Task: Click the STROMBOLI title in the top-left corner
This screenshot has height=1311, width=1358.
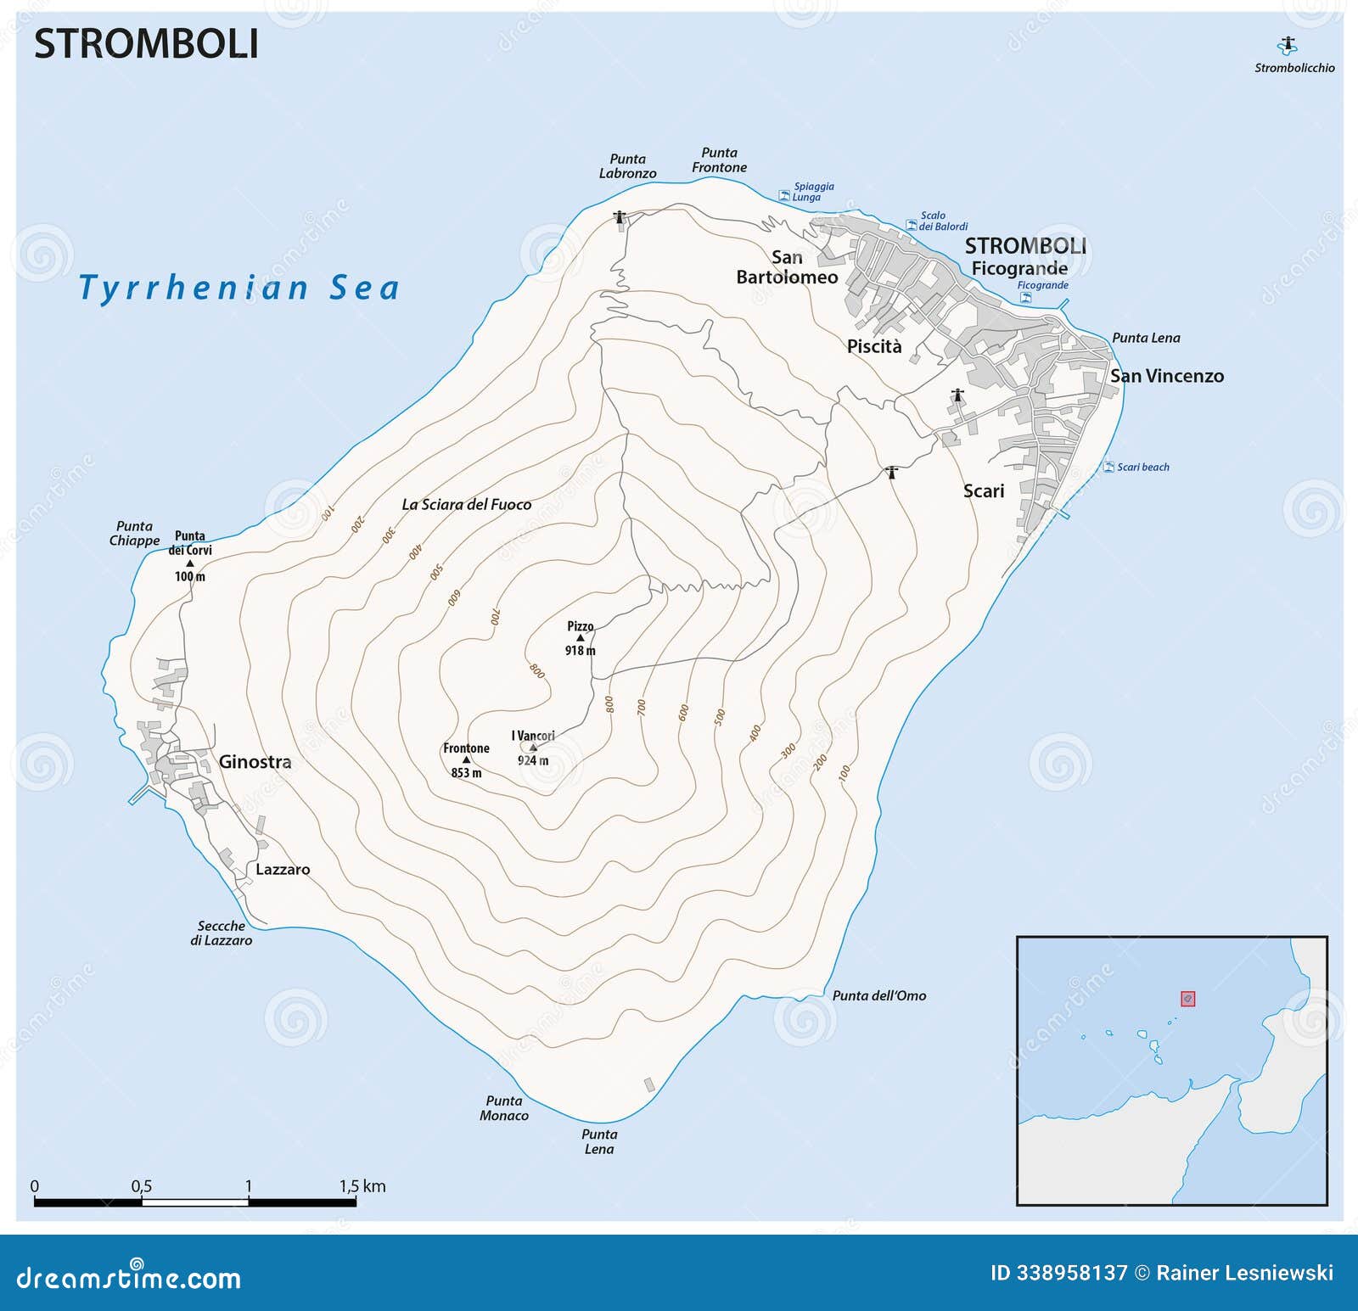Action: tap(146, 44)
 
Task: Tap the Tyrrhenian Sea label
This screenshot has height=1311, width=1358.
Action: tap(238, 289)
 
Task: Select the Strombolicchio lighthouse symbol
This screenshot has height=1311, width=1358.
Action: tap(1288, 45)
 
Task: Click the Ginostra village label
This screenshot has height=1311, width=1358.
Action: tap(255, 762)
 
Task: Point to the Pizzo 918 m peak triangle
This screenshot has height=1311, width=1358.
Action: tap(581, 638)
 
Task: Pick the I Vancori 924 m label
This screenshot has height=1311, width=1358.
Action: tap(533, 748)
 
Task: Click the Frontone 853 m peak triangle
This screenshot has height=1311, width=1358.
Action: tap(466, 760)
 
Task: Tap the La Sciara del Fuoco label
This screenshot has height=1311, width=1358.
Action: tap(466, 504)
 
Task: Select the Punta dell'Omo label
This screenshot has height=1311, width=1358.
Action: tap(878, 995)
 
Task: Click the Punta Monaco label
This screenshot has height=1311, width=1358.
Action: tap(504, 1108)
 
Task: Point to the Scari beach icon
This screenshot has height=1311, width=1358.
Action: tap(1108, 467)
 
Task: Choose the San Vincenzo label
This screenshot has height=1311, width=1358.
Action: tap(1166, 376)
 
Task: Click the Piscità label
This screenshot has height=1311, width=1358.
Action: tap(874, 346)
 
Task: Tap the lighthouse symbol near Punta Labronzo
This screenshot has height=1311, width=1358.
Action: tap(620, 218)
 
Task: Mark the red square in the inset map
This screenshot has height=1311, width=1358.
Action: tap(1187, 999)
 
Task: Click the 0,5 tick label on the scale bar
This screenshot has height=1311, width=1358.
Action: tap(141, 1186)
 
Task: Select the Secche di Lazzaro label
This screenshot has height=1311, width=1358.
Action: tap(221, 933)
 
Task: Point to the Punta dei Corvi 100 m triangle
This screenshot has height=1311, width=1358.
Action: tap(190, 563)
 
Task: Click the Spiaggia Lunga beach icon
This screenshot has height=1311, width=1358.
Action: tap(784, 196)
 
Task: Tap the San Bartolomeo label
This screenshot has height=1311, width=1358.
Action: tap(787, 267)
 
